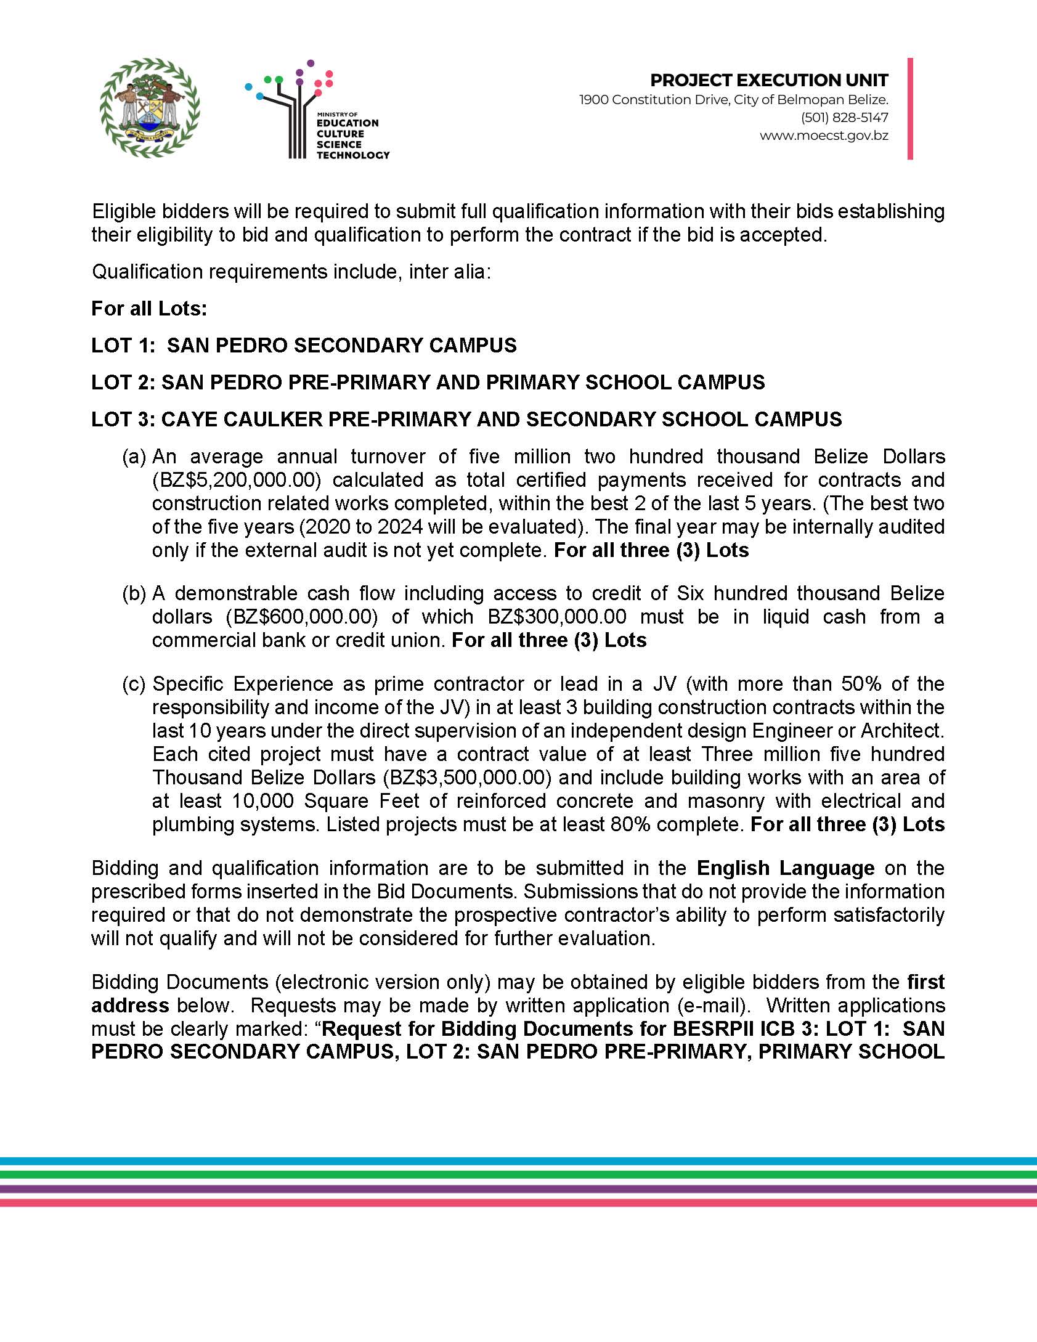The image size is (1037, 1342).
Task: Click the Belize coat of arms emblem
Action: coord(150,108)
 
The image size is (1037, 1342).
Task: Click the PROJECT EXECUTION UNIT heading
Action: coord(769,81)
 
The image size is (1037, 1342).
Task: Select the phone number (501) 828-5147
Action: coord(844,118)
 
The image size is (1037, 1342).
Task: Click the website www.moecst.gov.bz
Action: coord(824,136)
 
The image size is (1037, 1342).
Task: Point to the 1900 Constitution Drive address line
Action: coord(733,100)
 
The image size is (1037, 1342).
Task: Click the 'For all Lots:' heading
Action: coord(149,308)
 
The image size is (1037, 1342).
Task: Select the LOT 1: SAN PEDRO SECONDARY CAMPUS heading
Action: coord(304,345)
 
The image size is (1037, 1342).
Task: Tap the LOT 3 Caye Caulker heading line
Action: coord(466,419)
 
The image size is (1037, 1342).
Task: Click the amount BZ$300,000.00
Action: coord(557,617)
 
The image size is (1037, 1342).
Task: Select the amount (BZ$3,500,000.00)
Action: coord(466,778)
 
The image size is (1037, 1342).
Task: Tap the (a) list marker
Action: coord(134,457)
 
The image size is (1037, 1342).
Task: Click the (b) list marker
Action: coord(134,593)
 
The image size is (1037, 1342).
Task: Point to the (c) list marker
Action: coord(134,684)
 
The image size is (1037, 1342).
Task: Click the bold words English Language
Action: coord(786,868)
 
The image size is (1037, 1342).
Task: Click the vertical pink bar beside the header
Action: coord(910,109)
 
